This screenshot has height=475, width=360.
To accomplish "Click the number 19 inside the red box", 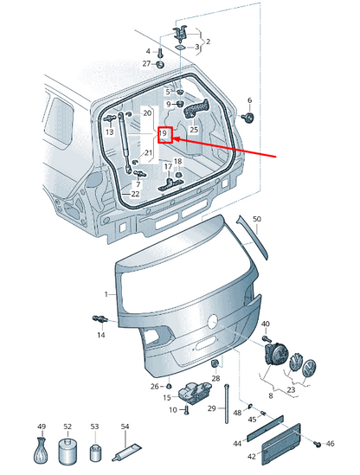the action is (163, 133).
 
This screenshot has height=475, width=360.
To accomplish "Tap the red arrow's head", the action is (177, 139).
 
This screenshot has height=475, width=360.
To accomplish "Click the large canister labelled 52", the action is (67, 451).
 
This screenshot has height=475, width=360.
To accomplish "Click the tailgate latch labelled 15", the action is (194, 392).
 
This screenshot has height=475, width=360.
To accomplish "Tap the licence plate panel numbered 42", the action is (281, 444).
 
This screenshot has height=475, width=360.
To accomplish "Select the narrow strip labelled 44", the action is (265, 428).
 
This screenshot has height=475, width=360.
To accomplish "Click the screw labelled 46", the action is (318, 444).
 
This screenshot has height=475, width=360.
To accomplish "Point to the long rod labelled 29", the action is (227, 404).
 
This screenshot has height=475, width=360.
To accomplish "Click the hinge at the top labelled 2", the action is (181, 32).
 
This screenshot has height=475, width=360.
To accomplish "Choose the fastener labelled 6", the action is (248, 118).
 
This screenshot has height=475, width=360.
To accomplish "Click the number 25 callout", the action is (194, 130).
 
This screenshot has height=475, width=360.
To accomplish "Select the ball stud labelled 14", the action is (100, 319).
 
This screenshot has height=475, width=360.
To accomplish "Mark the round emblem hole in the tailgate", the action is (213, 321).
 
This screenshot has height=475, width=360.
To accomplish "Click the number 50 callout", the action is (257, 219).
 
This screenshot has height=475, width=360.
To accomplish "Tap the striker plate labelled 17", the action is (170, 184).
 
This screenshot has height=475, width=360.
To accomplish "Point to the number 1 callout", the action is (106, 294).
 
